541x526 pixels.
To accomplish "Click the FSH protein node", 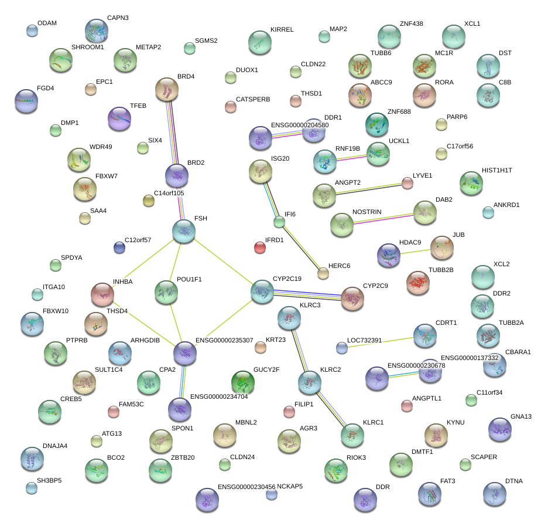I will pos(184,232).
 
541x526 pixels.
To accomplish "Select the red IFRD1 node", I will pos(260,247).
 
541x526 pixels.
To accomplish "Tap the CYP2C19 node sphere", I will pos(262,291).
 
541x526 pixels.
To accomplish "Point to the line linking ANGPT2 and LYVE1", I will pos(366,189).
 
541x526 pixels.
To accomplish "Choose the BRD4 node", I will pos(167,90).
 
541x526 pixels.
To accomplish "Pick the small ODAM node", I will pos(32,30).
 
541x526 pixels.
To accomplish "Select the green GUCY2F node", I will pos(243,382).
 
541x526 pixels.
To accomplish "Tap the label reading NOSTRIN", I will pos(367,212).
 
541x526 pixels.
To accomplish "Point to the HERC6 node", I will pos(323,273).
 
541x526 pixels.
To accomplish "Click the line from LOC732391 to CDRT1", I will pos(383,342).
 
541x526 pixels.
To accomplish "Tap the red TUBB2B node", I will pos(418,283).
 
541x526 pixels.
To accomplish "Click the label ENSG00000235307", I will pos(224,341).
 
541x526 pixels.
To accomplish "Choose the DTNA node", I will pos(495,494).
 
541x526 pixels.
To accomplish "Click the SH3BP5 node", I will pos(32,487).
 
